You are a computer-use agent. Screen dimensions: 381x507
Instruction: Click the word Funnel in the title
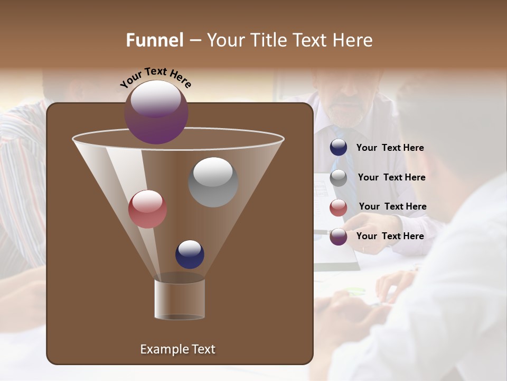click(x=155, y=40)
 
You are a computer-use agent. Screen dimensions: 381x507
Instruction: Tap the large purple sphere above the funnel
click(x=156, y=113)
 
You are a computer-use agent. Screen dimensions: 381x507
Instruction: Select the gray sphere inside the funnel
click(x=213, y=182)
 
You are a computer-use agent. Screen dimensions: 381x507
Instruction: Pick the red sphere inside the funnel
click(x=147, y=209)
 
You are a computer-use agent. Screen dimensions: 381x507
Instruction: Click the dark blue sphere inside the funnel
click(x=190, y=255)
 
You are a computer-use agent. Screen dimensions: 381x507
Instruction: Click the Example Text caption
click(x=177, y=349)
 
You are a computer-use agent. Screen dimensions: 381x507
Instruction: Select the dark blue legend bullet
click(x=339, y=148)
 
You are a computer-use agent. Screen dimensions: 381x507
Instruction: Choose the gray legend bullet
click(x=339, y=178)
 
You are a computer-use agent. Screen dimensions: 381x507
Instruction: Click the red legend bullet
click(x=339, y=207)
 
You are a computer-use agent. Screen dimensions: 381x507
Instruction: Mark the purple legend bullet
click(x=339, y=237)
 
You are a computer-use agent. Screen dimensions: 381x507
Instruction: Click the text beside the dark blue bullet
click(x=390, y=148)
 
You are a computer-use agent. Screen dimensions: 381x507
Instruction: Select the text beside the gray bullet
click(x=391, y=177)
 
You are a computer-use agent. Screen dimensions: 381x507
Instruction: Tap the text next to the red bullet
click(x=392, y=206)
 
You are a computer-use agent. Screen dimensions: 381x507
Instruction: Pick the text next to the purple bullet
click(x=390, y=236)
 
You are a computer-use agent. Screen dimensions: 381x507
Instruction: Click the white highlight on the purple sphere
click(x=156, y=99)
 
